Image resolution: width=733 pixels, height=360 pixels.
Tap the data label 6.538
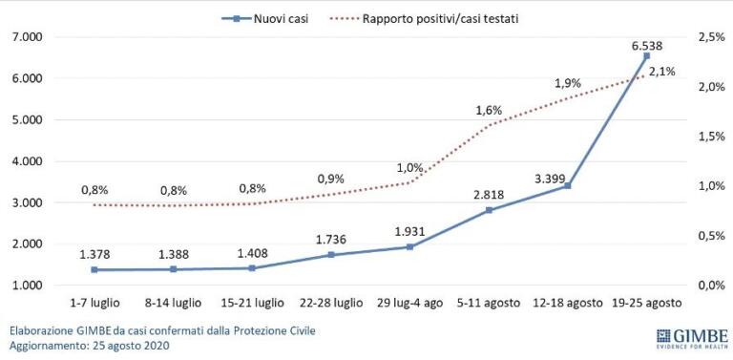click(646, 43)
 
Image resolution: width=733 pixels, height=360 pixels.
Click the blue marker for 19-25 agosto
click(646, 56)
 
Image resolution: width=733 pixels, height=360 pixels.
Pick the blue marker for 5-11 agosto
click(489, 210)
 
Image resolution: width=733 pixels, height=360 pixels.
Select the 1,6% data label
click(489, 110)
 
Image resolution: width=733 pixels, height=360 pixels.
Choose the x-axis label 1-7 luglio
click(94, 304)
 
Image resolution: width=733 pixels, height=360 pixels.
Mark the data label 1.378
click(94, 255)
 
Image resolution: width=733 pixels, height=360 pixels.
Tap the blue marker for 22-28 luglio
click(330, 255)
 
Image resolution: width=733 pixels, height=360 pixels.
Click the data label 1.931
click(409, 232)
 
